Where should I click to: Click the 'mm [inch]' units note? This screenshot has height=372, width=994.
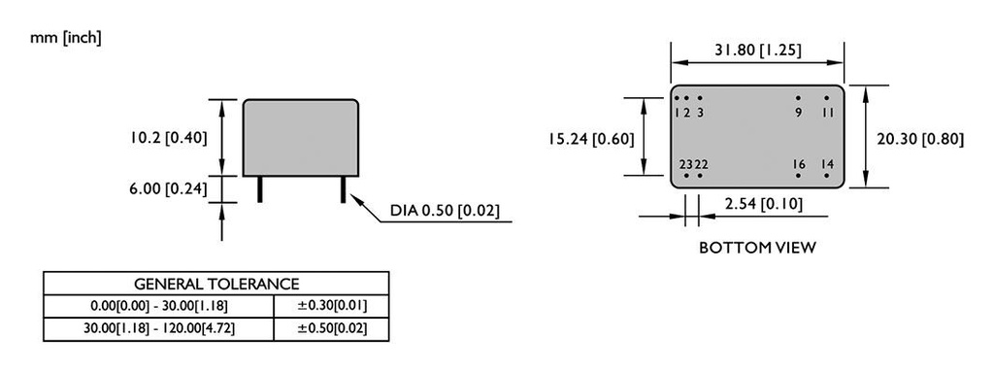click(66, 38)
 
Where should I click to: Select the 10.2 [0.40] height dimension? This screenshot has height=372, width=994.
click(169, 138)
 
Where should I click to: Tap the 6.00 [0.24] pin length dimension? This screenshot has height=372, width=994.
click(169, 188)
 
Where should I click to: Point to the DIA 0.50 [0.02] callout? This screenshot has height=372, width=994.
click(445, 211)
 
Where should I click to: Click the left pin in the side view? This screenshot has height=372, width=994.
click(260, 188)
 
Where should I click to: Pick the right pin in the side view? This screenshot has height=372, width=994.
click(343, 188)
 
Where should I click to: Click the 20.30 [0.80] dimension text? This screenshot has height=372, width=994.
click(919, 139)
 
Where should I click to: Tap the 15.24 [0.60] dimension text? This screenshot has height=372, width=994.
click(591, 139)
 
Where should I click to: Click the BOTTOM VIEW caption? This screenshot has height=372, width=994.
click(757, 248)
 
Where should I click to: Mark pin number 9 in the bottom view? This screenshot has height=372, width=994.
click(798, 113)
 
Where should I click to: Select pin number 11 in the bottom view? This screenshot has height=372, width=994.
click(827, 113)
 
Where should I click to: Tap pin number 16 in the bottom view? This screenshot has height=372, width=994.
click(798, 165)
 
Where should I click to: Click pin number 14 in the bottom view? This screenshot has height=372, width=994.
click(827, 165)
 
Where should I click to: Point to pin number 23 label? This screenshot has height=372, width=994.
click(684, 165)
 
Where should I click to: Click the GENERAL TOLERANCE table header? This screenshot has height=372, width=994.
click(216, 284)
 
